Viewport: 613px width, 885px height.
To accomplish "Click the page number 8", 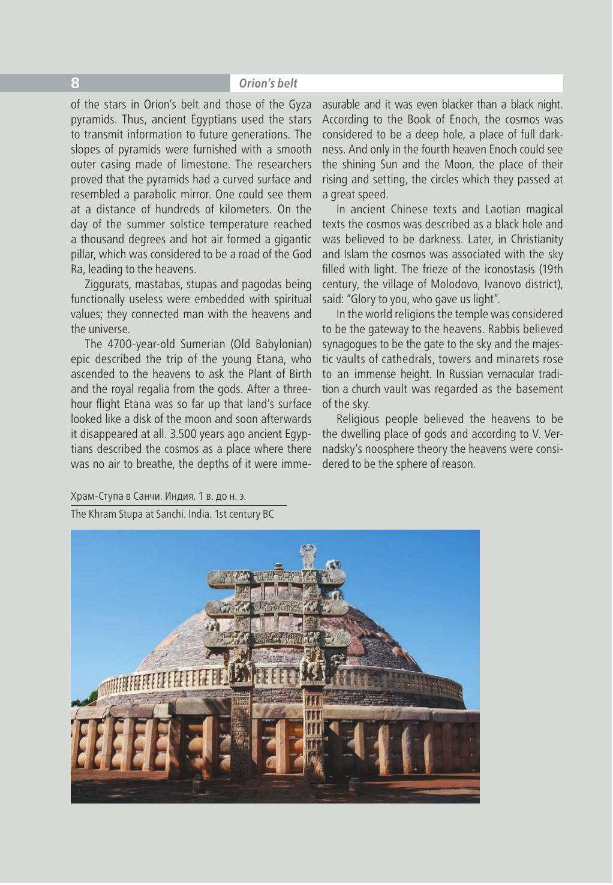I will [x=75, y=83].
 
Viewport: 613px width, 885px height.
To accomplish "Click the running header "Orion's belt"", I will [x=268, y=83].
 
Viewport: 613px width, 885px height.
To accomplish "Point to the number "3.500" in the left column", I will [x=172, y=434].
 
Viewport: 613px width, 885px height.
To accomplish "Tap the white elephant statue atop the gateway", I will [x=334, y=564].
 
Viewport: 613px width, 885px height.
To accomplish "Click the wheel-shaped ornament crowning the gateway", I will [x=309, y=554].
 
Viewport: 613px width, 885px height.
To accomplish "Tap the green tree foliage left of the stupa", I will [x=81, y=701].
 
